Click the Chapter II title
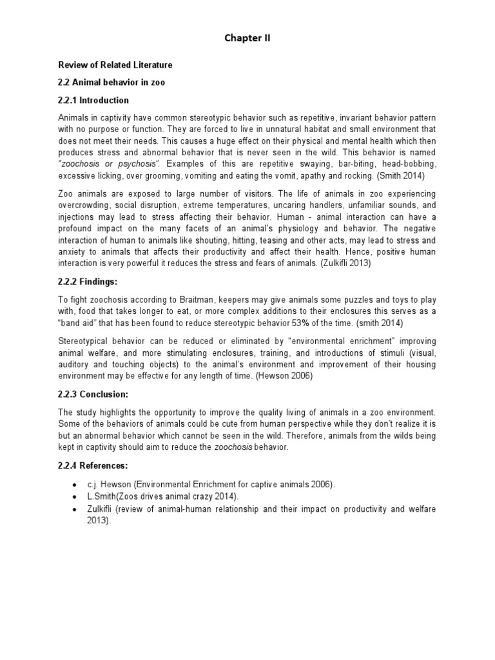pos(247,38)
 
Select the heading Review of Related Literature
pos(115,65)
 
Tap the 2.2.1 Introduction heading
pos(93,100)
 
